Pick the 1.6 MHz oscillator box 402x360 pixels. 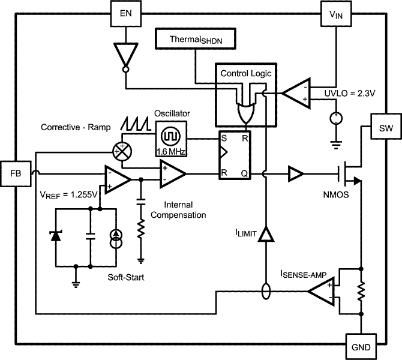171,137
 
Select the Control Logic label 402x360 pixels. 246,73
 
